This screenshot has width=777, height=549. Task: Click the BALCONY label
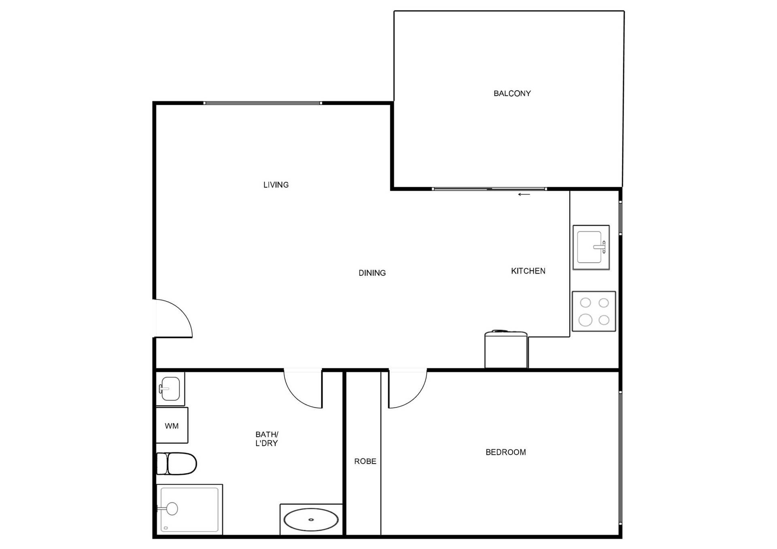tap(512, 93)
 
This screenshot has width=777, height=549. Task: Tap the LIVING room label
tap(276, 185)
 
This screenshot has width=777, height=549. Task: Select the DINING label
tap(372, 273)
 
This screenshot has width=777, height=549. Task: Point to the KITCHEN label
tap(528, 271)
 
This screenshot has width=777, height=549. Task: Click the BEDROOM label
tap(506, 452)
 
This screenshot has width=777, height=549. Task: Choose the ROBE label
tap(365, 461)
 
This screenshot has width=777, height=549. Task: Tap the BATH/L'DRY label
tap(267, 439)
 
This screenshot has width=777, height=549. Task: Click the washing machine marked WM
tap(172, 425)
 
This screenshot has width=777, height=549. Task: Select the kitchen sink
tap(591, 247)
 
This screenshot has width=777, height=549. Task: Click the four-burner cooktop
tap(594, 311)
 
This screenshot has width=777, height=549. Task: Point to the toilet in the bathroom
tap(176, 463)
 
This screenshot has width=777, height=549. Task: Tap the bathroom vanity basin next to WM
tap(170, 389)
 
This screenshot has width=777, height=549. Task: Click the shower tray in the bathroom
tap(189, 509)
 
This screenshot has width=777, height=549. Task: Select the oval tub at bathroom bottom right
tap(311, 519)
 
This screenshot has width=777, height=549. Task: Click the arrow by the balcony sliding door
tap(524, 194)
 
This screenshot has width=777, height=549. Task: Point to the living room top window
tap(263, 103)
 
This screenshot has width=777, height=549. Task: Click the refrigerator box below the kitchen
tap(506, 349)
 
